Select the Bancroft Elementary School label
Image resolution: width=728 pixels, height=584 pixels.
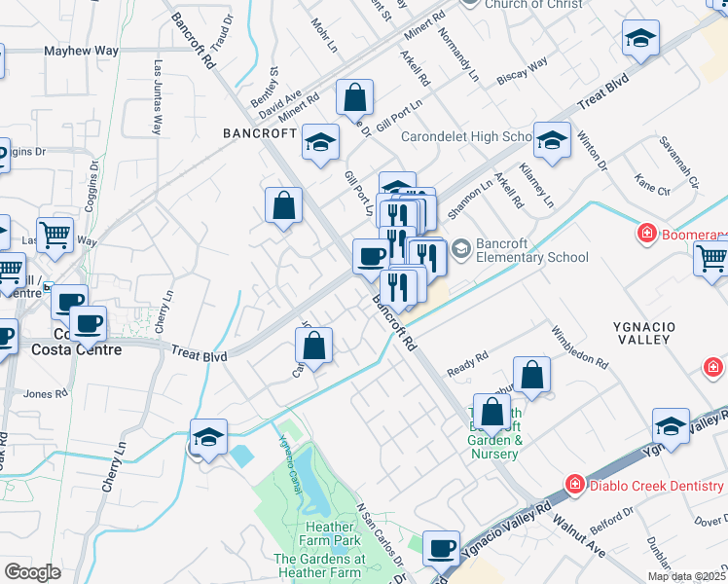pyautogui.click(x=532, y=251)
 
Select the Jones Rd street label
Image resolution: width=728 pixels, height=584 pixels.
pyautogui.click(x=45, y=394)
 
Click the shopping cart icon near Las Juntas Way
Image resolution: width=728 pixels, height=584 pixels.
pyautogui.click(x=55, y=235)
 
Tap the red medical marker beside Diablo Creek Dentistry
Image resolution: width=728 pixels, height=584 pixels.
pyautogui.click(x=575, y=483)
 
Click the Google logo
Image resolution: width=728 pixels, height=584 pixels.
pyautogui.click(x=32, y=572)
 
